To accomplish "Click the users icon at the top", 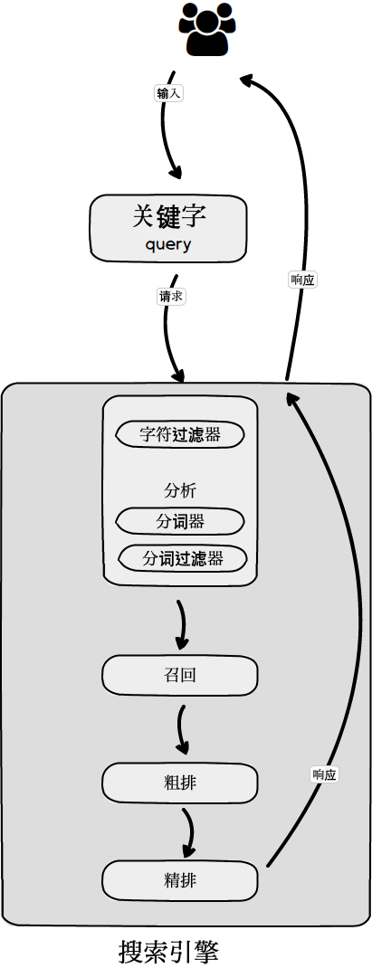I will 206,29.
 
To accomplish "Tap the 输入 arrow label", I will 169,93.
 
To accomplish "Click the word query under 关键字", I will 168,245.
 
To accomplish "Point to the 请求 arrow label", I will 171,296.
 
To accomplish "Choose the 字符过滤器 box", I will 180,434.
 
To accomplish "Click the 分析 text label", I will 180,491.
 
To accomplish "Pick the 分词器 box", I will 180,522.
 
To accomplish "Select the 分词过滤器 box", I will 183,558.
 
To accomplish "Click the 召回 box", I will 180,675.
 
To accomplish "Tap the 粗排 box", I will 180,783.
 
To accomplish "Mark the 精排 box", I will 180,880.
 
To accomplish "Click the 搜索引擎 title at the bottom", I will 168,951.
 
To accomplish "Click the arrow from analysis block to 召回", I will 182,624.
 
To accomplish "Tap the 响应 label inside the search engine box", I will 324,774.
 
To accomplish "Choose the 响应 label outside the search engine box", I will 303,280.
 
